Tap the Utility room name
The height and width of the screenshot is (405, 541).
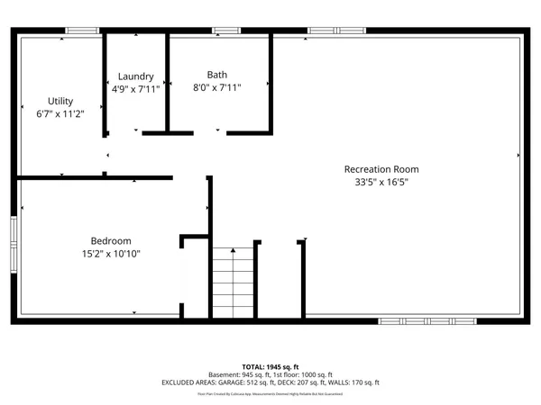pos(60,101)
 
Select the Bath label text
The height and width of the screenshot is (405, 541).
pos(217,75)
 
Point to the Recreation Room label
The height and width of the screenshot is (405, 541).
pos(381,169)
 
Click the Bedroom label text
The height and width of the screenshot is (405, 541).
pos(111,240)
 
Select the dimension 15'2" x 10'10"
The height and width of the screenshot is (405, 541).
pos(111,254)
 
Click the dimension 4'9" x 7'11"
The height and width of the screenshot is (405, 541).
pos(135,89)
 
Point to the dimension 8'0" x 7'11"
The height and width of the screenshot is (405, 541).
pos(217,88)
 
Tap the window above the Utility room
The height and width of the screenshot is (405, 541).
pos(82,31)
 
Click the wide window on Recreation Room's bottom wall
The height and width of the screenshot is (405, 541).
pos(426,320)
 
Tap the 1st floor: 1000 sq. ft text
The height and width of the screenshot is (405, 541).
pos(307,374)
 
